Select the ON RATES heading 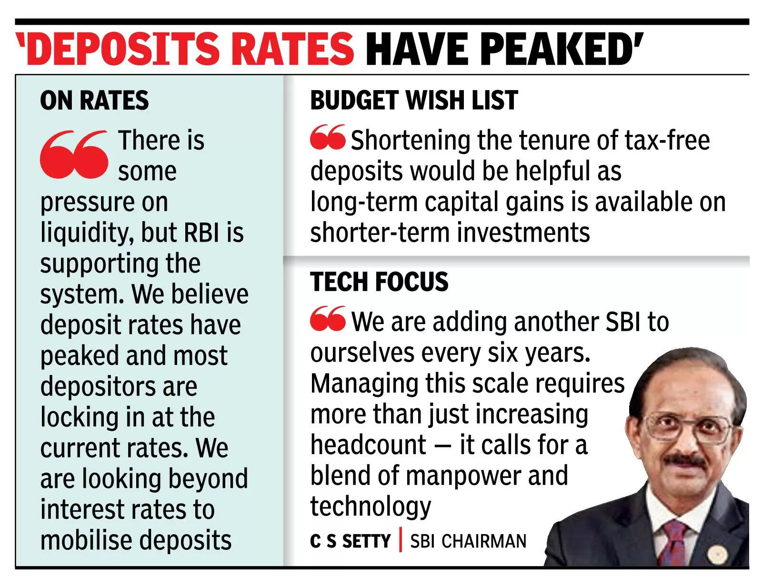pyautogui.click(x=94, y=101)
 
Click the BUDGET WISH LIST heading pyautogui.click(x=414, y=101)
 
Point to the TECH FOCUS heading pyautogui.click(x=379, y=282)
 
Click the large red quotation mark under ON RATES pyautogui.click(x=74, y=154)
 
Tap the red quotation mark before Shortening pyautogui.click(x=328, y=137)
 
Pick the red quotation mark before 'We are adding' pyautogui.click(x=328, y=319)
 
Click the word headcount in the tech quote pyautogui.click(x=368, y=445)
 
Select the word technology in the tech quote pyautogui.click(x=371, y=507)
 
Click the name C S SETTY pyautogui.click(x=350, y=541)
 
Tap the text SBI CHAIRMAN pyautogui.click(x=468, y=541)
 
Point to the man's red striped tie pyautogui.click(x=675, y=543)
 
